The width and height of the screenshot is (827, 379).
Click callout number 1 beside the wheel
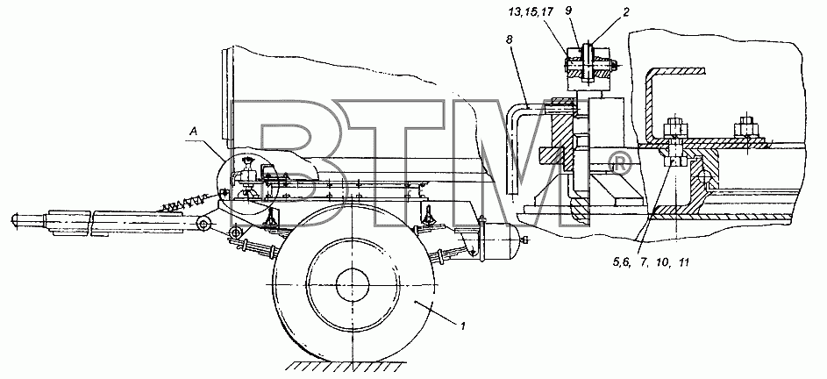(x=462, y=326)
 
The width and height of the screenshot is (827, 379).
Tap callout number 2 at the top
(x=625, y=11)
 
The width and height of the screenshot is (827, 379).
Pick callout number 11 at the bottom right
(x=683, y=261)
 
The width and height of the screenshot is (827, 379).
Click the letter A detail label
(x=194, y=134)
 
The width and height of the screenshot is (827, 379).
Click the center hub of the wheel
(x=352, y=279)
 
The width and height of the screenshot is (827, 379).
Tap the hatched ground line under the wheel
(x=347, y=366)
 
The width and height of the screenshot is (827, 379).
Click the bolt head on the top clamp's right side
(x=615, y=64)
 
